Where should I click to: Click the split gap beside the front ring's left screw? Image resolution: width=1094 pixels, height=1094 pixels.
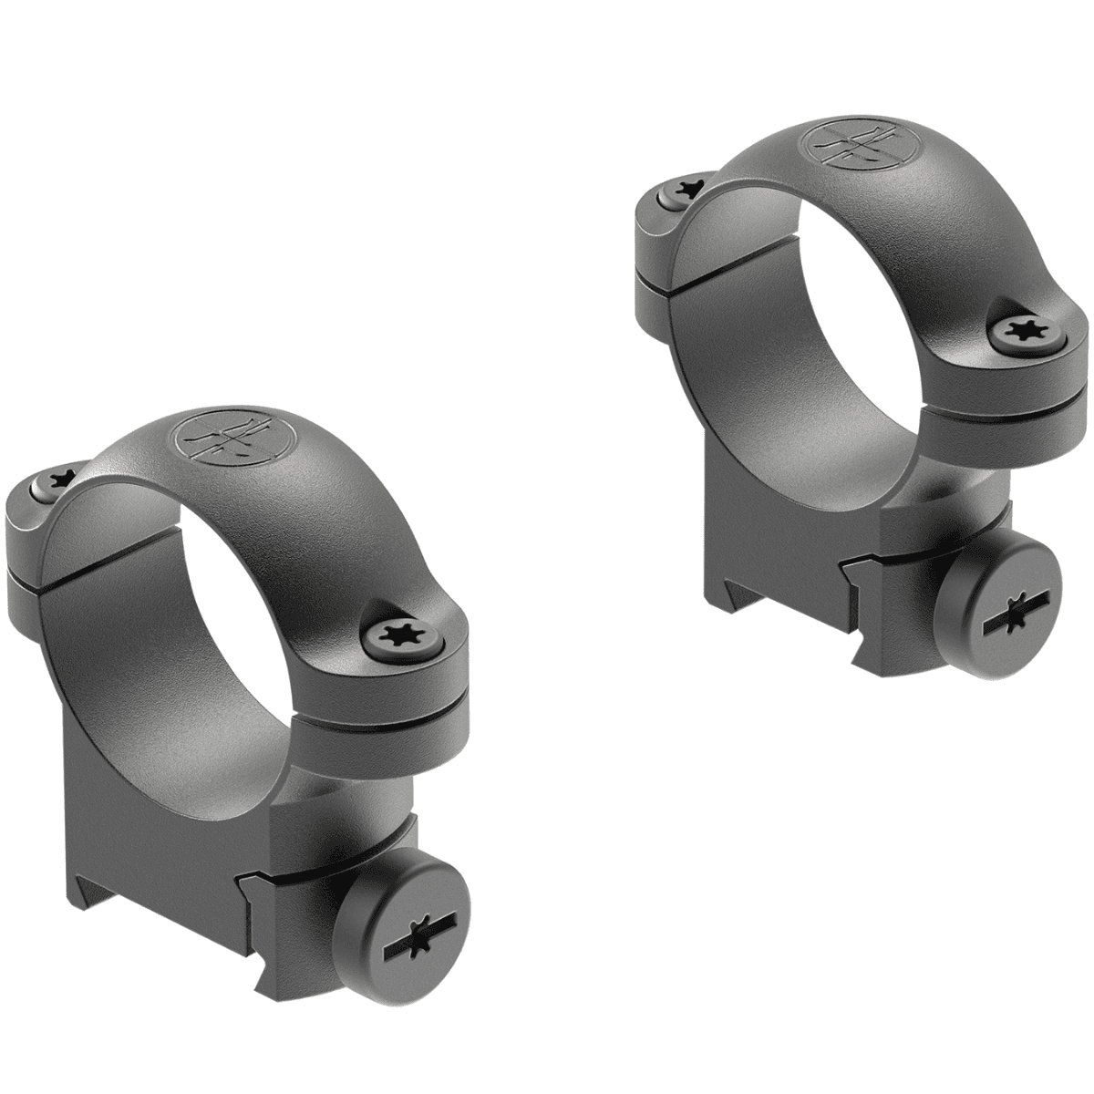(36, 573)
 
